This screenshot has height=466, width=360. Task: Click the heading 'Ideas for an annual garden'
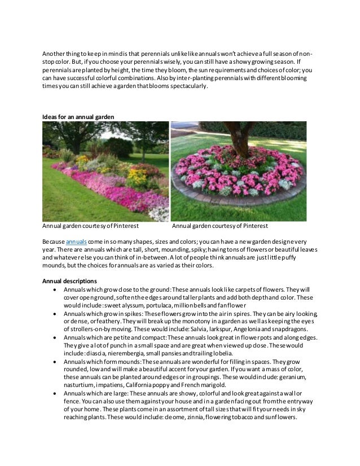tap(78, 116)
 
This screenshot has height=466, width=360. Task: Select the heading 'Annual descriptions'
tap(69, 281)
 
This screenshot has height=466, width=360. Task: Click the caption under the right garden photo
tap(219, 226)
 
